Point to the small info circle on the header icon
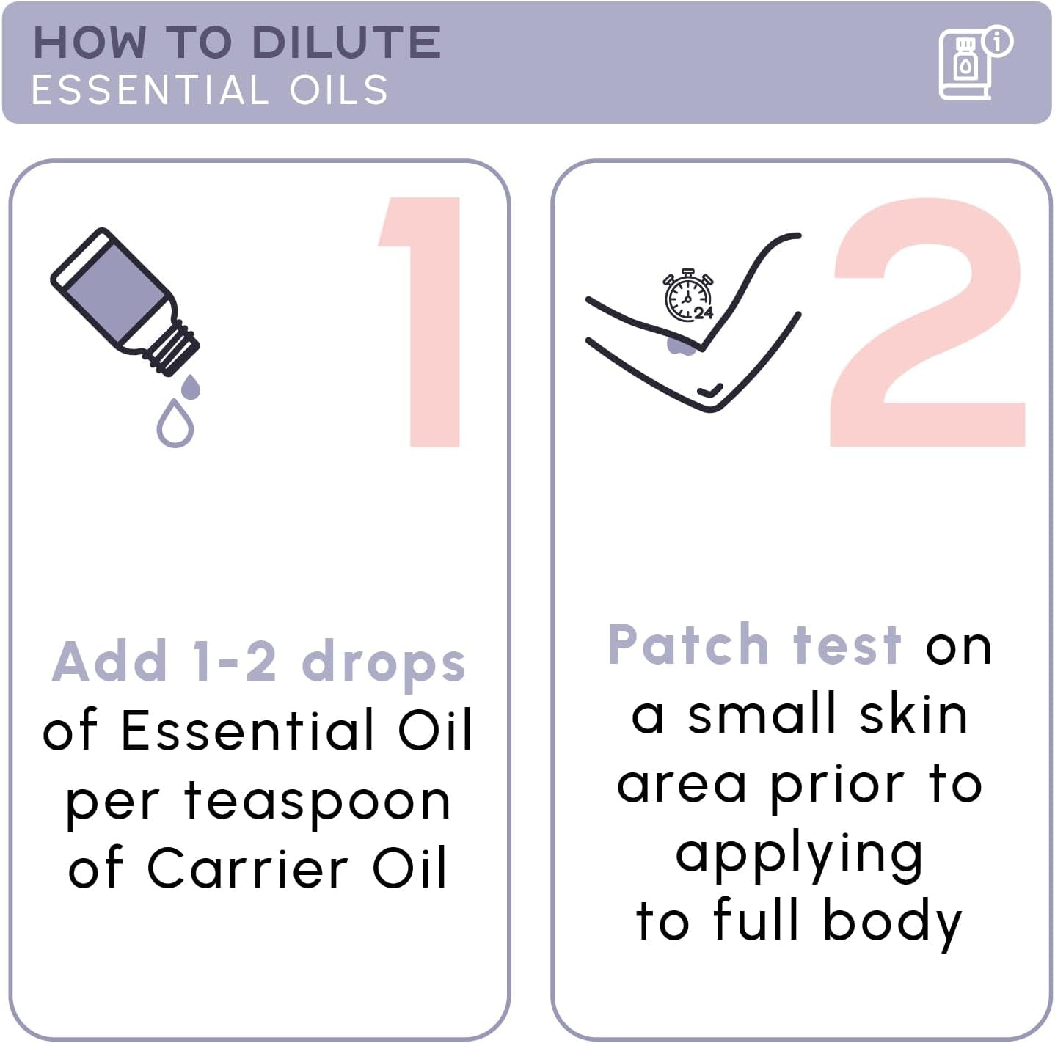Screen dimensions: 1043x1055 [998, 40]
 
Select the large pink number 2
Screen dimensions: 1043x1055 [928, 323]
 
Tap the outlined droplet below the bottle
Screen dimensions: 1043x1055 [175, 424]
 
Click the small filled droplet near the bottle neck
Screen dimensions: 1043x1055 [191, 387]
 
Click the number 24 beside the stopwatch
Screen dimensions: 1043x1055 [704, 313]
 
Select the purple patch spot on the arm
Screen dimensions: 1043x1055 [682, 345]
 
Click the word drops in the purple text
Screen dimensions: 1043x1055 [384, 662]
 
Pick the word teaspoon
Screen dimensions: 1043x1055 [317, 801]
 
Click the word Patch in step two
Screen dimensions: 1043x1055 [687, 645]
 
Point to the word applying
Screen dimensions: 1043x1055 [799, 855]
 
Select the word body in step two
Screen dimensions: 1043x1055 [891, 922]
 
